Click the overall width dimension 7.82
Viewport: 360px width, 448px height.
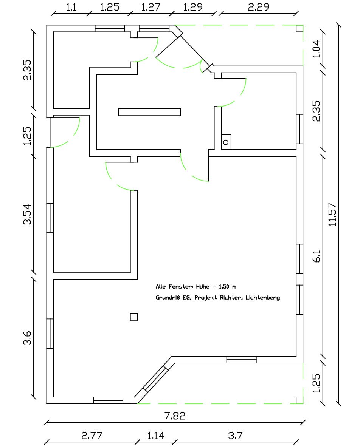tap(175, 416)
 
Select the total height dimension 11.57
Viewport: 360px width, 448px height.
tap(332, 215)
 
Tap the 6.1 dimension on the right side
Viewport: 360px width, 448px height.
tap(317, 256)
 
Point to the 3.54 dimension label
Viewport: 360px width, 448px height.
tap(28, 214)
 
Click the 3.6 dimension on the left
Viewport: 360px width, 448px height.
tap(28, 338)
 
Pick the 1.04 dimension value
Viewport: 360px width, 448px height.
tap(317, 49)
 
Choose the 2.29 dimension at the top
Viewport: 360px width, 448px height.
tap(259, 7)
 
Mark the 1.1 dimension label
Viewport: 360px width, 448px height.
tap(71, 7)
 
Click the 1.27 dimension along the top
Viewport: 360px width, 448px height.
tap(151, 7)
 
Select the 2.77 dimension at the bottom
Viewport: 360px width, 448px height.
tap(92, 436)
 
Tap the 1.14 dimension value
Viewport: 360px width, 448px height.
tap(155, 436)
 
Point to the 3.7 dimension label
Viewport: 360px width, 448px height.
tap(235, 436)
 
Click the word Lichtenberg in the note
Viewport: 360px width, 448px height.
tap(263, 298)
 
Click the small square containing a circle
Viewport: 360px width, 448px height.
tap(226, 142)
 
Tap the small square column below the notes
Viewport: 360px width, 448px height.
tap(134, 317)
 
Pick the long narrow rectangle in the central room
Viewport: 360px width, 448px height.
tap(149, 112)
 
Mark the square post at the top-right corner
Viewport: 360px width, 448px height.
tap(299, 29)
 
